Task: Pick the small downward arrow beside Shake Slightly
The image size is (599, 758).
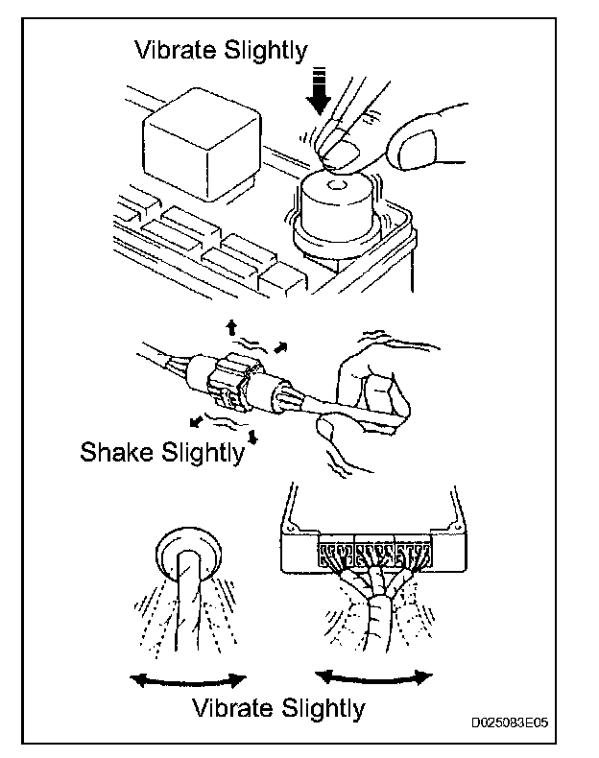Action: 252,437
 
